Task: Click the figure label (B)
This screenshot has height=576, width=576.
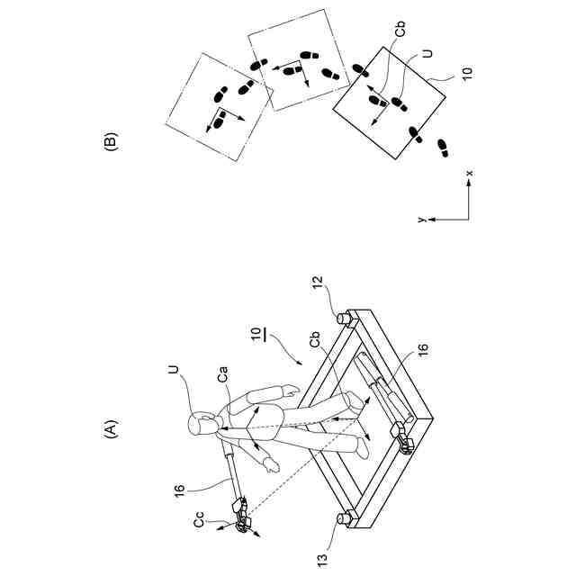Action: [112, 142]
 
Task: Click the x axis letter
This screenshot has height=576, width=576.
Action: [469, 172]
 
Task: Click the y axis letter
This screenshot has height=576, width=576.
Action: [420, 220]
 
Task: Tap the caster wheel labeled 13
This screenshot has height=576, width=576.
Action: [344, 518]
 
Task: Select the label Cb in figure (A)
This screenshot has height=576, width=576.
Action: [316, 342]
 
